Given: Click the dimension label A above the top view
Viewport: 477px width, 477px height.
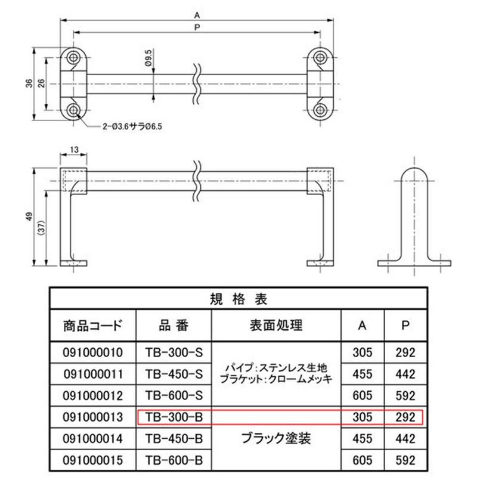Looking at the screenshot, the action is pos(197,15).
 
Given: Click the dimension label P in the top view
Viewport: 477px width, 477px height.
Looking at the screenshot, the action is pos(197,27).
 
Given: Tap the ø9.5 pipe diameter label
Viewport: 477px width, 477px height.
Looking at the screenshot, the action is pos(148,58).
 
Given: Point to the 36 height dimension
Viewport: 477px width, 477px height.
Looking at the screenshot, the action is pos(29,83).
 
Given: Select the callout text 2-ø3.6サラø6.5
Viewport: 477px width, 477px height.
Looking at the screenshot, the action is pos(132,126).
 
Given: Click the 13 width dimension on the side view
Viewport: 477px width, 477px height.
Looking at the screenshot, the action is pos(74,150).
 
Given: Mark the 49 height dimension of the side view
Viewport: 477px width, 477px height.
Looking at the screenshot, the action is pos(29,216).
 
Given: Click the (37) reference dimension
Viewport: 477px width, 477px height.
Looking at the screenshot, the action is pos(42,227).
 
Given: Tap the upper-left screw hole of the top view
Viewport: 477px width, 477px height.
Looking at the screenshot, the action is pos(73,57).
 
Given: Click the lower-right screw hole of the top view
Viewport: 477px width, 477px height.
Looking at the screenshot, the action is pos(320,110).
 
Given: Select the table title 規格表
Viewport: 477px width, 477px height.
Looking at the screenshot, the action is pos(238,299).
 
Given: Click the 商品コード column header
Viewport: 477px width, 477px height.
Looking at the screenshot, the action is pos(93,326).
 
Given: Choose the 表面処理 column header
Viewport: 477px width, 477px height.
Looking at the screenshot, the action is pos(276,325).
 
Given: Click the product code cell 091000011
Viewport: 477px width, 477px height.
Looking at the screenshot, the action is pos(93,374).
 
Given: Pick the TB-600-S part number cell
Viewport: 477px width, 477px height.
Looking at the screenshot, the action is pos(174,395).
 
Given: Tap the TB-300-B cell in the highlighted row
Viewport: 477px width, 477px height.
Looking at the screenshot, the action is pos(174,417).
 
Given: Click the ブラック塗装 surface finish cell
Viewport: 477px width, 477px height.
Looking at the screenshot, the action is pos(276,438).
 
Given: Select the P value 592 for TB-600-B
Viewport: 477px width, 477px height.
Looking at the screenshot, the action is pos(405,460).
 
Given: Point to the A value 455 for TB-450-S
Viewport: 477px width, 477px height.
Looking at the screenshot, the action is pos(363,374).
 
